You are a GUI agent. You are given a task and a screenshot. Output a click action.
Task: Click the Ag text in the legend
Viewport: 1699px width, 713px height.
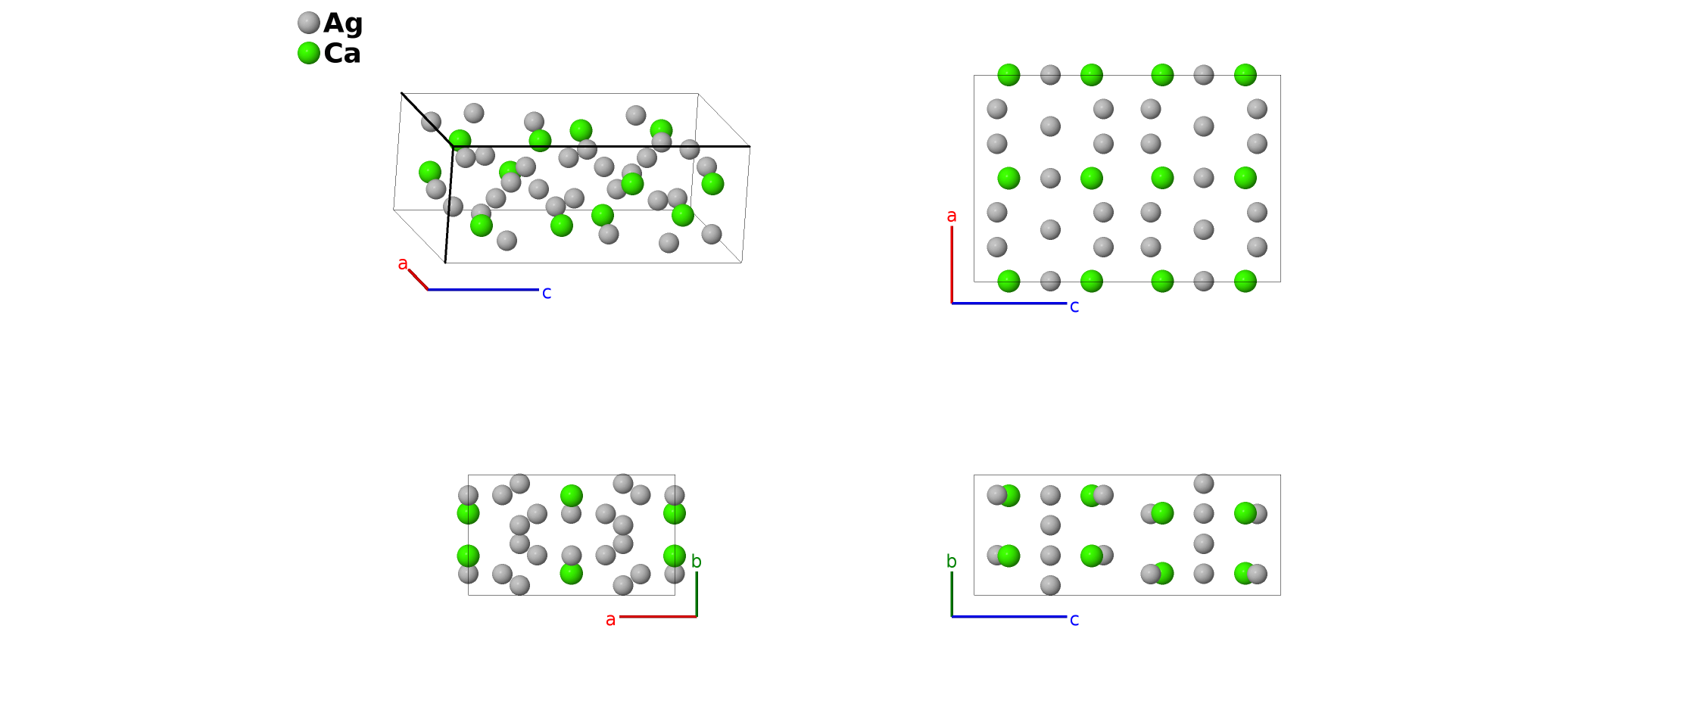[343, 23]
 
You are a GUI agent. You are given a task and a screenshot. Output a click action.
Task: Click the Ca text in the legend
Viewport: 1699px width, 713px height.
[341, 54]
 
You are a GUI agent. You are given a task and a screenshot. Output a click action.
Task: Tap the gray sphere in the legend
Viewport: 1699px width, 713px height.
[309, 23]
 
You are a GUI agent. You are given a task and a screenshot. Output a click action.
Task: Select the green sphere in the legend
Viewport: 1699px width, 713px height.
[309, 53]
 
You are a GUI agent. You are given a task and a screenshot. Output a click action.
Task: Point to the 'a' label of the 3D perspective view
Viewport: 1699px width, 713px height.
[403, 263]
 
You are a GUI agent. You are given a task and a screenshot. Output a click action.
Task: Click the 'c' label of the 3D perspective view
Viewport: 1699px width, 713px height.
[547, 292]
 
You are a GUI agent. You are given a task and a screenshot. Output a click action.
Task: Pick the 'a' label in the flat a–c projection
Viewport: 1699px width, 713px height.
[952, 216]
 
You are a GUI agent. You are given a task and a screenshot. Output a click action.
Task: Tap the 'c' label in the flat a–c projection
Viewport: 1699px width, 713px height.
[1074, 307]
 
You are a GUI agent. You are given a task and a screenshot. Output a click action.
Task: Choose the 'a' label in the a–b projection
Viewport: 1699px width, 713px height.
[610, 620]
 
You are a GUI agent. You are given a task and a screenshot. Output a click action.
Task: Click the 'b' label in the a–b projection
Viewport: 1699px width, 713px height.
[697, 562]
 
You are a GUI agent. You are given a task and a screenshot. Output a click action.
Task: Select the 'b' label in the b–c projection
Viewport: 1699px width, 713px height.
[952, 562]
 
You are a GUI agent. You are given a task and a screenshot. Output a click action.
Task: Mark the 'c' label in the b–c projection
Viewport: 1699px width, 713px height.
[1074, 620]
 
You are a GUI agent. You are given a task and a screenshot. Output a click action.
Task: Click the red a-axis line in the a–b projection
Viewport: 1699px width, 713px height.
[658, 617]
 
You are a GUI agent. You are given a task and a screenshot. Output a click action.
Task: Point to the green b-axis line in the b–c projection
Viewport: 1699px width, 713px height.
[952, 594]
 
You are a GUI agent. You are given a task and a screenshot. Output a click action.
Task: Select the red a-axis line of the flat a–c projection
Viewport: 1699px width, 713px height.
[952, 265]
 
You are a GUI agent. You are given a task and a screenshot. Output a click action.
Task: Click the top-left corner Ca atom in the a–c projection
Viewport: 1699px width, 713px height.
[1008, 75]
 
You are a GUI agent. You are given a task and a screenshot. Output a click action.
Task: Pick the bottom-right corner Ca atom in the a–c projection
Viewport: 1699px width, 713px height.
[1245, 282]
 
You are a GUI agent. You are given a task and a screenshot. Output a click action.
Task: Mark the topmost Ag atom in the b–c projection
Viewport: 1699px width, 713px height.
[1204, 484]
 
